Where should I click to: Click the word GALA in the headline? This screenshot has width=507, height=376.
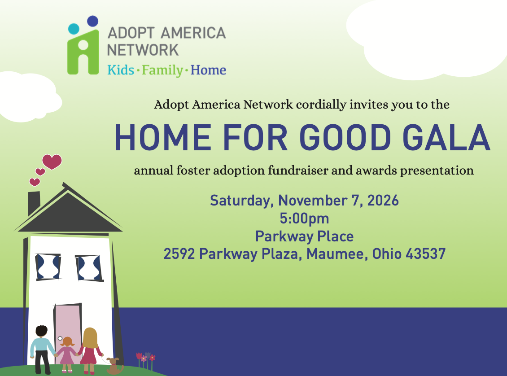click(447, 138)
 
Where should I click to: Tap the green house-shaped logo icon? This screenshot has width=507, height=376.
click(83, 52)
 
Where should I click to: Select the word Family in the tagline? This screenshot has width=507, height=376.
click(162, 70)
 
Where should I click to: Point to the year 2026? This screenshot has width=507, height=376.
click(383, 201)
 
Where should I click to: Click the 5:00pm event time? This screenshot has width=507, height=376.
click(304, 219)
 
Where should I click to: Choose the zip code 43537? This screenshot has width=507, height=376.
click(425, 254)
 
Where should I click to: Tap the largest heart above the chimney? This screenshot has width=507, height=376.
click(52, 162)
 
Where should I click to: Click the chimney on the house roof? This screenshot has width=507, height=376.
click(34, 203)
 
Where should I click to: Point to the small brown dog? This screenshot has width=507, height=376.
click(114, 366)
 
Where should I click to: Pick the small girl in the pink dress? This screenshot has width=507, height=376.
click(66, 354)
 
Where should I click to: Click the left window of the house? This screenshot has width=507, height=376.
click(48, 267)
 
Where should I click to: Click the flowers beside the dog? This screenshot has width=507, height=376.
click(146, 360)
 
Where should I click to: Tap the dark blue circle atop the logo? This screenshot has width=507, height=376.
click(93, 21)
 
